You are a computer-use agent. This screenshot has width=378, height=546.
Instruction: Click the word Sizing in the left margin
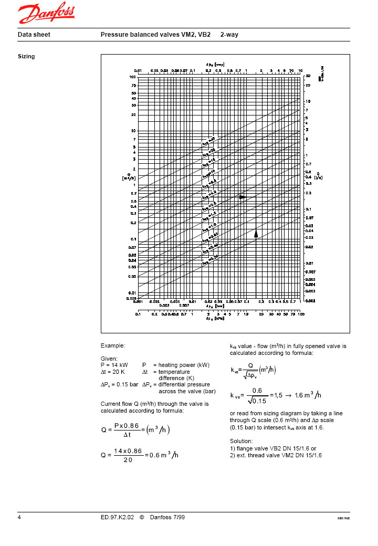coord(26,56)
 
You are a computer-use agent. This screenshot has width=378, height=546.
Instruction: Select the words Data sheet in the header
coord(34,35)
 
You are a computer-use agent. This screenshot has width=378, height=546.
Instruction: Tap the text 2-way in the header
coord(230,35)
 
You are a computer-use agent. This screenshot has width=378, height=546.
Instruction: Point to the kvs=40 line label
coord(208,141)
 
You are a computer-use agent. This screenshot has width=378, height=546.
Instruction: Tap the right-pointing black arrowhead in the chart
coord(243,197)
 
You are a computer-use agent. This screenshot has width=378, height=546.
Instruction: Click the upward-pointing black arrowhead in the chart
coord(256,234)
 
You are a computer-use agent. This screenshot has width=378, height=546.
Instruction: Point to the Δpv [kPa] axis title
coord(216,318)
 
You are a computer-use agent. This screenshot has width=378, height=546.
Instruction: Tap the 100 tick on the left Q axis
coord(133,77)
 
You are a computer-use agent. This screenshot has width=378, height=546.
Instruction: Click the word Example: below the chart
coord(113,346)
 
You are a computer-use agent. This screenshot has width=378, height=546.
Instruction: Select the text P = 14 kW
coord(114,365)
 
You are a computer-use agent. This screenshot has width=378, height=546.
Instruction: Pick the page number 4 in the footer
coord(19,518)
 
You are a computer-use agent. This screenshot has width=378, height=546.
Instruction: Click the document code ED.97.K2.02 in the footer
coord(118,518)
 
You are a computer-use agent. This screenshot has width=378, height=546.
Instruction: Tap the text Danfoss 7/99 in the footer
coord(167,518)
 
